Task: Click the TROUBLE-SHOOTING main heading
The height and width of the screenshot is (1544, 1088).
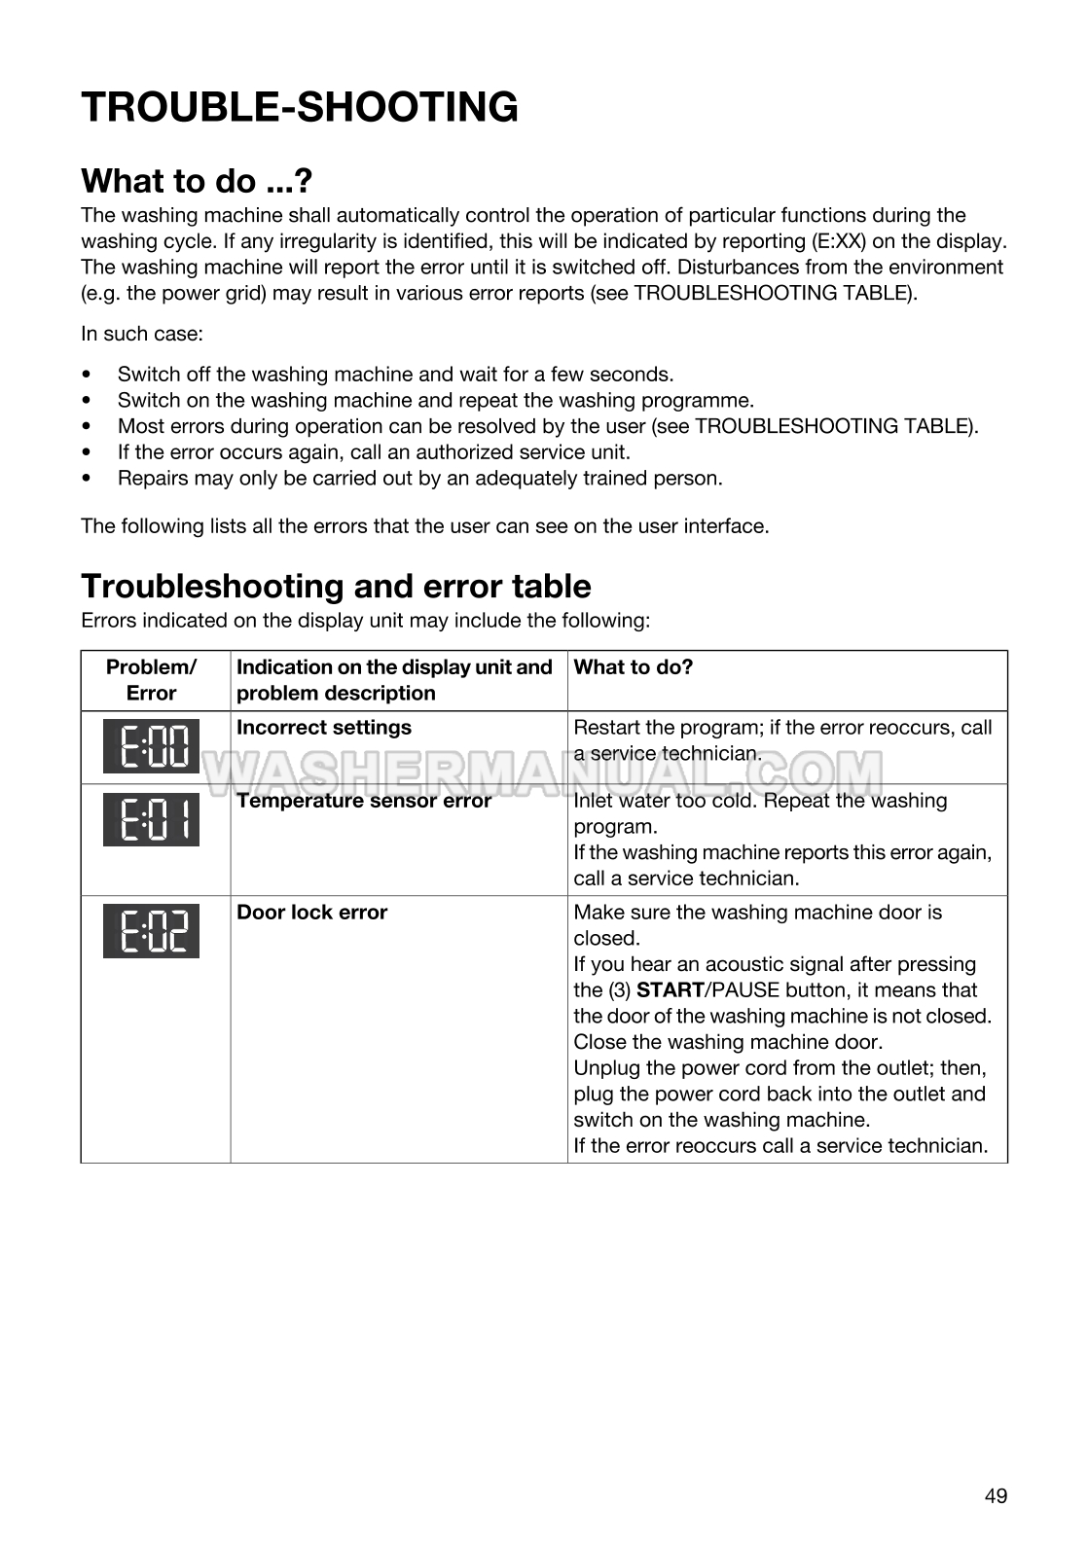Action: coord(300,107)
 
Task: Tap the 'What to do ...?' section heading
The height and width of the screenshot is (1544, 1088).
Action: coord(197,182)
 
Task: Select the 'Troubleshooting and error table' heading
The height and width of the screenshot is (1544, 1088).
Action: coord(336,587)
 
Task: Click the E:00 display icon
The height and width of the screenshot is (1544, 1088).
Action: coord(151,746)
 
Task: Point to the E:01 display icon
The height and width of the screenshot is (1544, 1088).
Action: coord(151,819)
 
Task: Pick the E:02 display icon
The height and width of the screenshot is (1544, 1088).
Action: coord(151,931)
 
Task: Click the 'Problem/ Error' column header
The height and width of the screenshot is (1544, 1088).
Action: coord(151,680)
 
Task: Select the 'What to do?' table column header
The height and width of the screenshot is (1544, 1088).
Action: coord(634,667)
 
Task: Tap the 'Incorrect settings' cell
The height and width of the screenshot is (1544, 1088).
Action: coord(324,728)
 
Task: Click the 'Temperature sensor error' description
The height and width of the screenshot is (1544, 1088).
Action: coord(364,801)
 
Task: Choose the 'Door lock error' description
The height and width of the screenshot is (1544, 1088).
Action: coord(312,913)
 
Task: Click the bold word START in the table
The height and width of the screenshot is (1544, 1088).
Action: coord(670,990)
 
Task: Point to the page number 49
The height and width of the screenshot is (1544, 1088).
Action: coord(996,1496)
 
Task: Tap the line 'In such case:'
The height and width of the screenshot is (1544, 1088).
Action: coord(142,334)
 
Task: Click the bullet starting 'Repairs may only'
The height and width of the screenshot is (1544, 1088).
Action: coord(419,479)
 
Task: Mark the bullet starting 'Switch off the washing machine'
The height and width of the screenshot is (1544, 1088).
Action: coord(395,375)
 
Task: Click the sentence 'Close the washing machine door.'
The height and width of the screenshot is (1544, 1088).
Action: coord(728,1042)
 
